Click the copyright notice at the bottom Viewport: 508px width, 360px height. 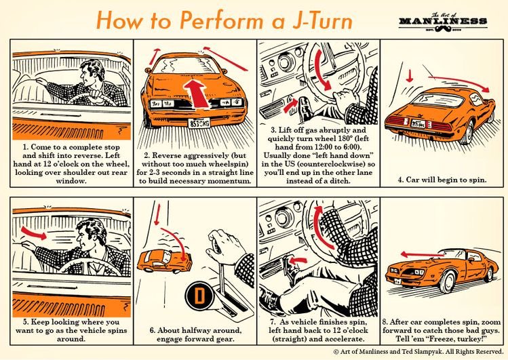click(418, 352)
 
